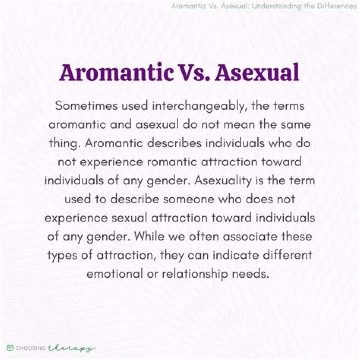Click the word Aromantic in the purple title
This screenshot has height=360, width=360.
click(x=116, y=72)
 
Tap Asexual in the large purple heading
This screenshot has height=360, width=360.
click(x=257, y=72)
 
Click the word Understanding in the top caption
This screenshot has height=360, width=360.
click(x=276, y=6)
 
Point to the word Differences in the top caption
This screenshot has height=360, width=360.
click(x=337, y=6)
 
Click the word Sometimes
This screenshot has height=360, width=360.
click(x=86, y=106)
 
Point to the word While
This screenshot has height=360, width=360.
click(x=149, y=236)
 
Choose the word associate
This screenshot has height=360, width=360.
click(x=250, y=236)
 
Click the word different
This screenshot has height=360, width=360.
click(x=287, y=255)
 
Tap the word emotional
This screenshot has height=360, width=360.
click(x=115, y=274)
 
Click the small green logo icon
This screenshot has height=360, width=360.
click(x=10, y=348)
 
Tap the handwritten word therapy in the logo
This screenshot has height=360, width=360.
click(x=71, y=348)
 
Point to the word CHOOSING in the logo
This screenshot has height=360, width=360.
click(x=31, y=348)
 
